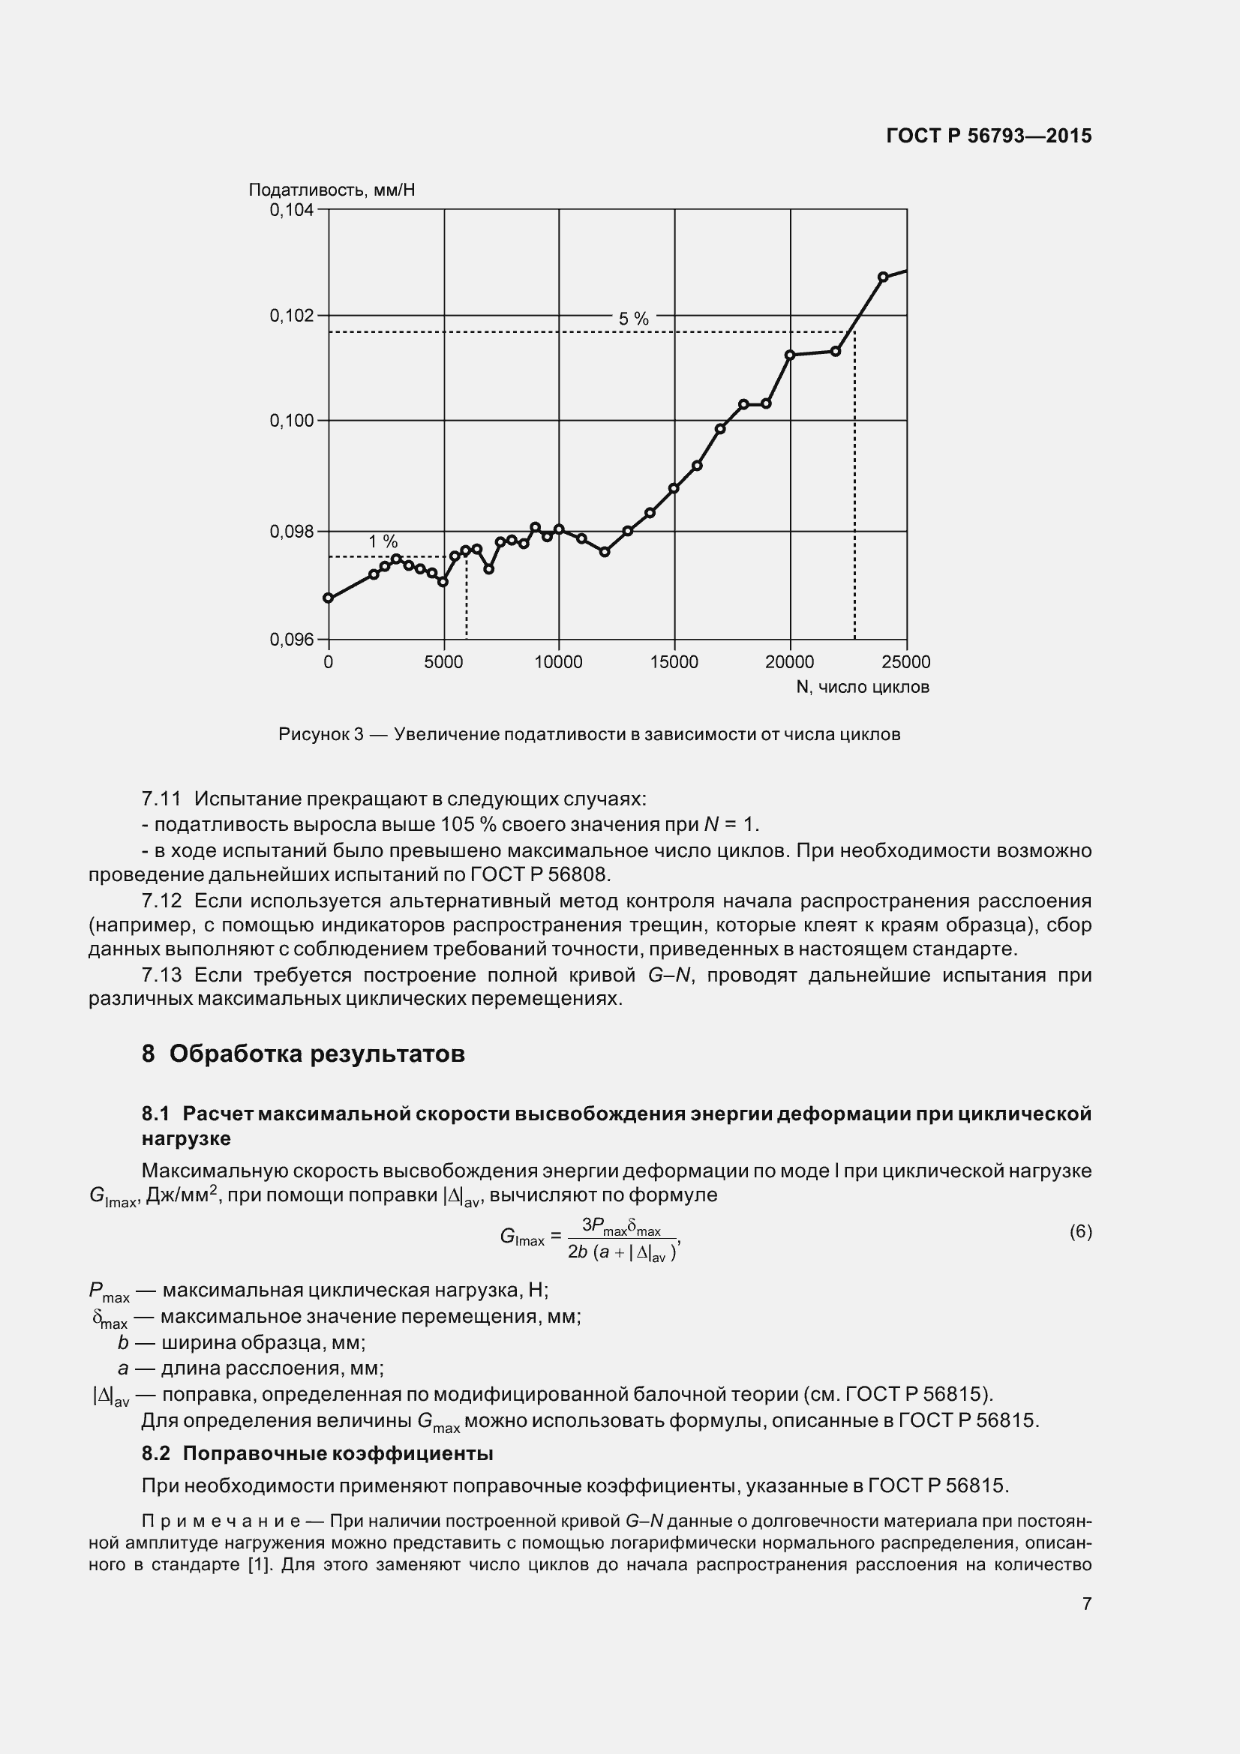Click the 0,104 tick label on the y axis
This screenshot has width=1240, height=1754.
click(x=291, y=210)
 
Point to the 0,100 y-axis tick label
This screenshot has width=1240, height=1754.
click(x=291, y=421)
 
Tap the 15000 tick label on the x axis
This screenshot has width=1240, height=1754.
click(x=674, y=662)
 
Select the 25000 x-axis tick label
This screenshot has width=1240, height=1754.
click(x=906, y=662)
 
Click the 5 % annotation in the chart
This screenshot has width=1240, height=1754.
click(x=633, y=319)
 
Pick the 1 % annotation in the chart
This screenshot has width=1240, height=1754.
click(x=383, y=541)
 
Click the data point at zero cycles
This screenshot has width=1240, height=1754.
click(x=329, y=598)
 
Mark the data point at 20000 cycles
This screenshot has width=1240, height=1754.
click(x=790, y=355)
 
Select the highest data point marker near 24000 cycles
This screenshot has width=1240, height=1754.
click(x=883, y=277)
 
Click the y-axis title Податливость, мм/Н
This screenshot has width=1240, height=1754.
click(x=332, y=190)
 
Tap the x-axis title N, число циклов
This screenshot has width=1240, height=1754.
click(x=863, y=688)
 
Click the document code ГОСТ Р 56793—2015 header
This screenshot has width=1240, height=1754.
click(x=989, y=136)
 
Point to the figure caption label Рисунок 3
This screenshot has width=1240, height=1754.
click(x=321, y=735)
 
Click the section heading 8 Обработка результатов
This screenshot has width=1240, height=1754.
click(x=303, y=1054)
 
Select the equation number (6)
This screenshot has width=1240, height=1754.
click(x=1080, y=1231)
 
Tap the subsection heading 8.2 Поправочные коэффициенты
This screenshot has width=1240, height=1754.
click(x=317, y=1453)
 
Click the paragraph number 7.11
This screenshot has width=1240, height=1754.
click(x=161, y=799)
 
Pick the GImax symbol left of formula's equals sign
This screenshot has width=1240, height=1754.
click(x=522, y=1237)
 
